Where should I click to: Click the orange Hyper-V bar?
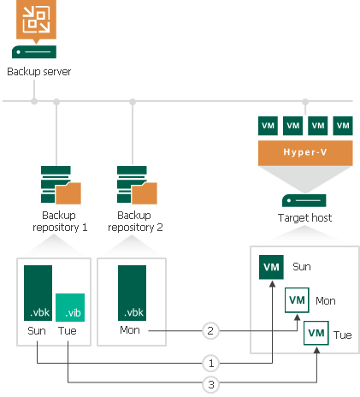coord(305,151)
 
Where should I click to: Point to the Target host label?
coord(305,218)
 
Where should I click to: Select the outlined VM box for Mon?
coord(297,301)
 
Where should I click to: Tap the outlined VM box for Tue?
coord(316,332)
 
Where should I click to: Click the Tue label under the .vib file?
coord(68,330)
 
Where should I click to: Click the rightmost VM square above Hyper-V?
coord(343,126)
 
